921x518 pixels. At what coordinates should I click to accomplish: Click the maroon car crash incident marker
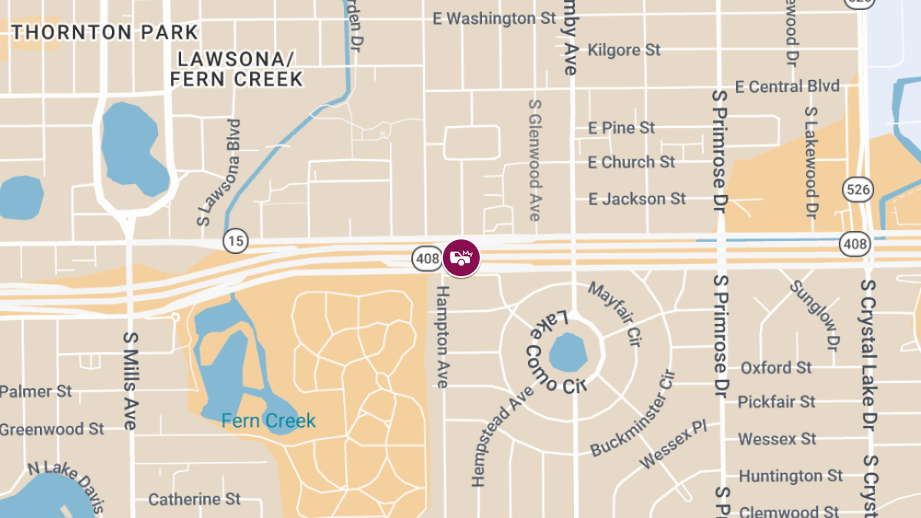pyautogui.click(x=461, y=258)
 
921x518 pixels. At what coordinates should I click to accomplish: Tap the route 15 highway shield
pyautogui.click(x=236, y=241)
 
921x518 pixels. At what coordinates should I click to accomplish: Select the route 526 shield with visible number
pyautogui.click(x=856, y=188)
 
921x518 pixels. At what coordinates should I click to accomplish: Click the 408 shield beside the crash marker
pyautogui.click(x=426, y=259)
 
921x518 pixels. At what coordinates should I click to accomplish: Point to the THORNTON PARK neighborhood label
pyautogui.click(x=105, y=32)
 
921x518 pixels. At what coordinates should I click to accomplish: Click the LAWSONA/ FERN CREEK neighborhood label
pyautogui.click(x=236, y=69)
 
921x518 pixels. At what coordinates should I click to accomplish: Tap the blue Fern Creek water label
pyautogui.click(x=269, y=421)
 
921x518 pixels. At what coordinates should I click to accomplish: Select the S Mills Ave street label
pyautogui.click(x=129, y=381)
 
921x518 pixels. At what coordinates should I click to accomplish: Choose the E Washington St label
pyautogui.click(x=494, y=18)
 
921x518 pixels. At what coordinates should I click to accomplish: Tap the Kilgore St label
pyautogui.click(x=623, y=50)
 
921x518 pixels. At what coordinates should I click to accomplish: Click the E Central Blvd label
pyautogui.click(x=787, y=86)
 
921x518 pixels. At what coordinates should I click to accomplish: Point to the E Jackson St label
pyautogui.click(x=637, y=199)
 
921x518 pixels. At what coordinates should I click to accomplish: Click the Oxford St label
pyautogui.click(x=776, y=368)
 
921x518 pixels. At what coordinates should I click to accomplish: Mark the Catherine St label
pyautogui.click(x=194, y=500)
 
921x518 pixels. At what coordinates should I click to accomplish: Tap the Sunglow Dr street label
pyautogui.click(x=814, y=315)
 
